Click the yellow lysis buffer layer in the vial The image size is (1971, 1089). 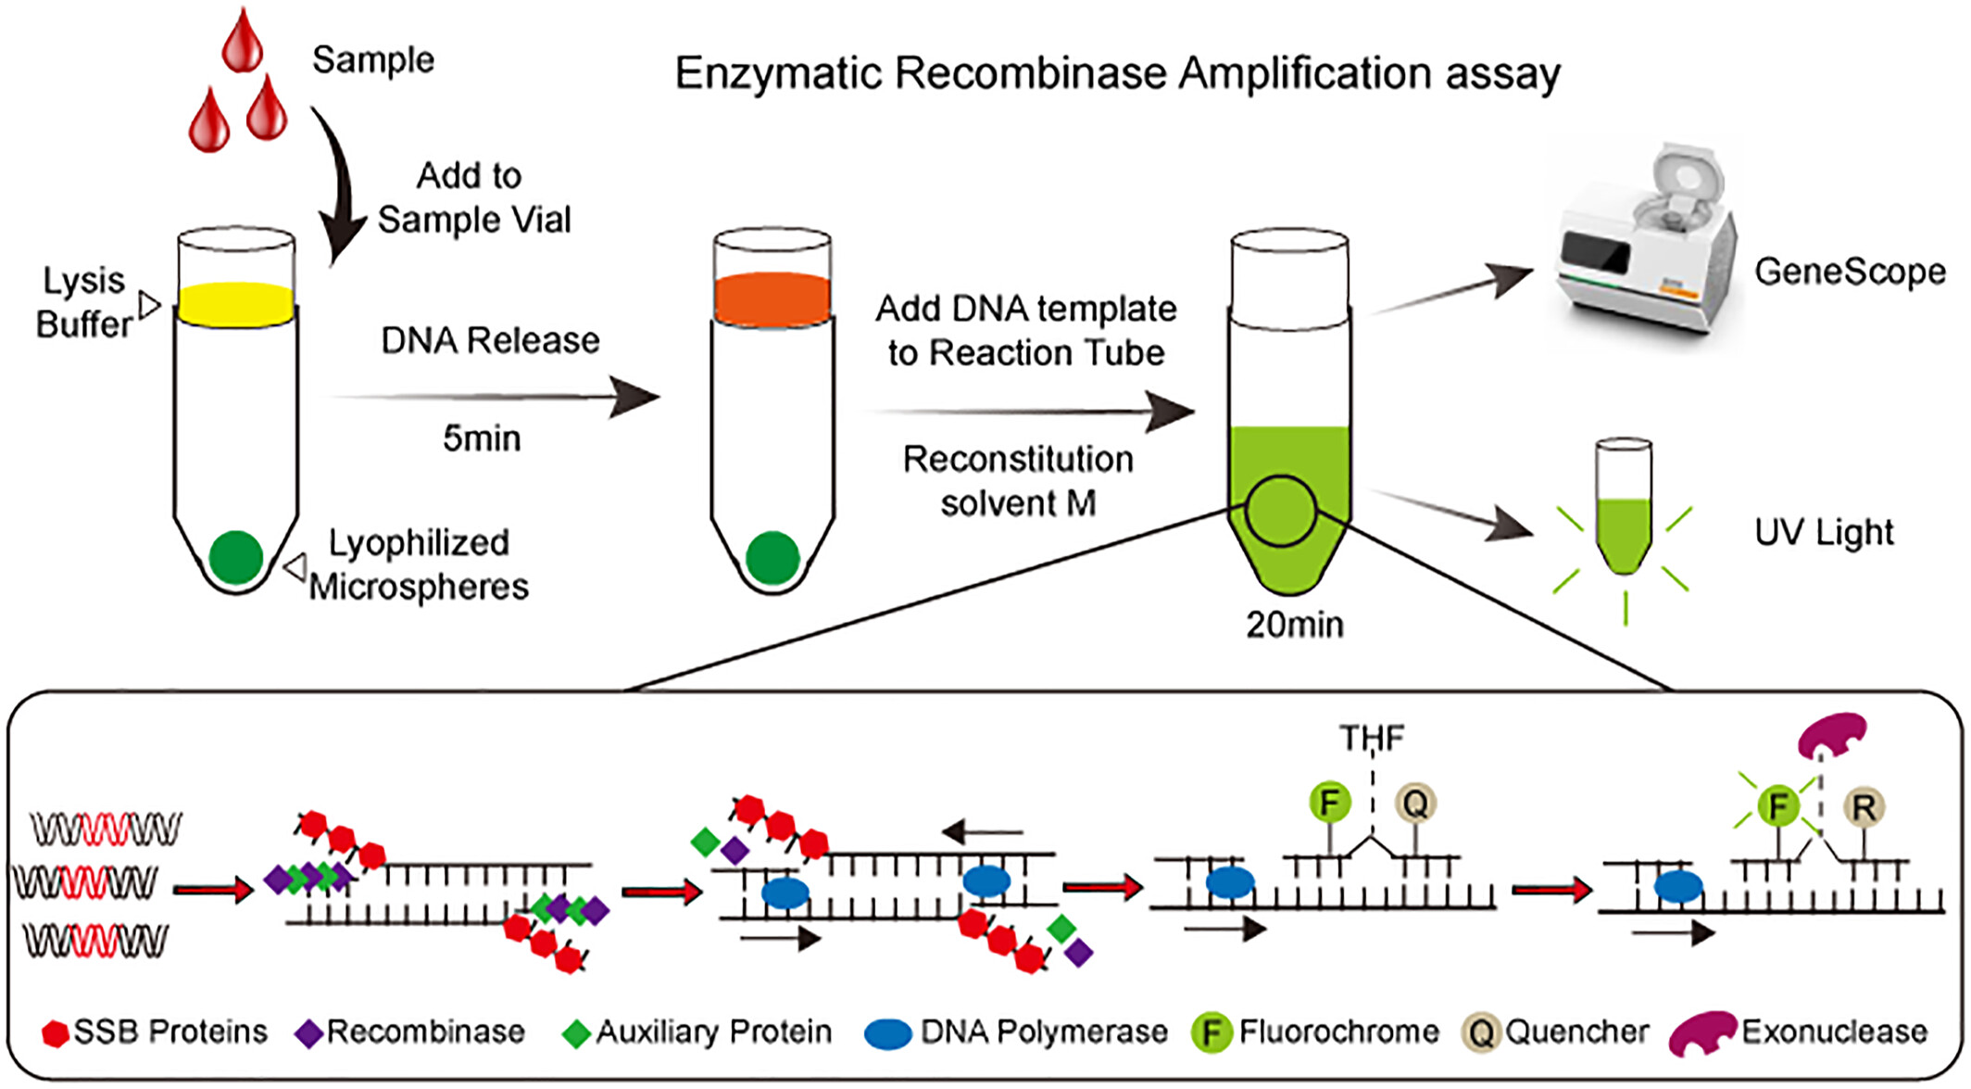tap(236, 304)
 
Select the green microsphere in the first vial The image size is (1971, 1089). tap(236, 557)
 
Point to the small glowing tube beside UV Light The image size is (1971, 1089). tap(1624, 507)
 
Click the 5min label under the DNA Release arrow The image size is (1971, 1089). tap(482, 437)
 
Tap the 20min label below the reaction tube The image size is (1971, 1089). tap(1294, 625)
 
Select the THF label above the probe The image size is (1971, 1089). tap(1372, 738)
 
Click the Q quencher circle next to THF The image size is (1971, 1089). tap(1415, 803)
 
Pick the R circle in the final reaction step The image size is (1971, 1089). tap(1864, 807)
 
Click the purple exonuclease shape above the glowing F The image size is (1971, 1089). tap(1831, 735)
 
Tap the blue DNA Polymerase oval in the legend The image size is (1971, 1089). tap(888, 1033)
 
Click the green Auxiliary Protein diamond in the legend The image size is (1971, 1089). tap(577, 1033)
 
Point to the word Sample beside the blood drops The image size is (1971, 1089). tap(373, 61)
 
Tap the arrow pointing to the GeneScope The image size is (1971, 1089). tap(1450, 289)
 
